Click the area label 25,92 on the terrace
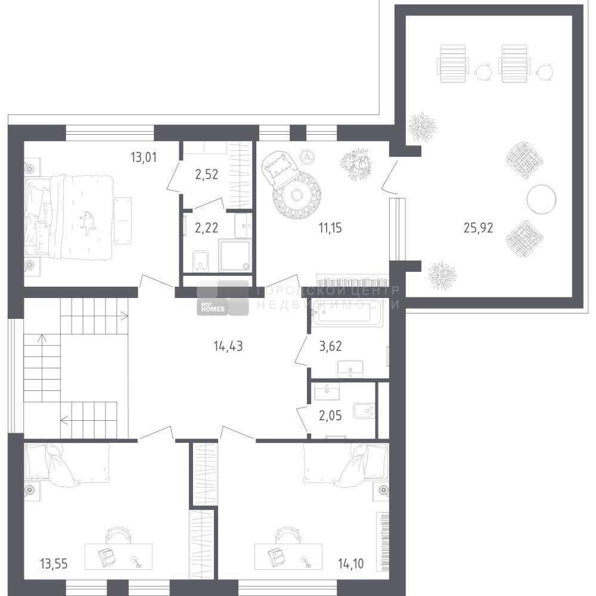[x=478, y=228]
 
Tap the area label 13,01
[x=143, y=157]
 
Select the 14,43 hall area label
[x=228, y=346]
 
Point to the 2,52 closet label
[x=206, y=175]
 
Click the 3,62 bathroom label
[x=330, y=346]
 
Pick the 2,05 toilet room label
[x=330, y=416]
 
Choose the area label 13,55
[x=54, y=564]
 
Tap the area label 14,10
[x=351, y=564]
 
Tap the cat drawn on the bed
[x=88, y=223]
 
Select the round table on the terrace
[x=542, y=199]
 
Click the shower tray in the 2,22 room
[x=235, y=255]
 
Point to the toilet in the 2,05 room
[x=364, y=411]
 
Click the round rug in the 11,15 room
[x=296, y=195]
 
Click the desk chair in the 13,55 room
[x=118, y=535]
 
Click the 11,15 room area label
[x=330, y=228]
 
